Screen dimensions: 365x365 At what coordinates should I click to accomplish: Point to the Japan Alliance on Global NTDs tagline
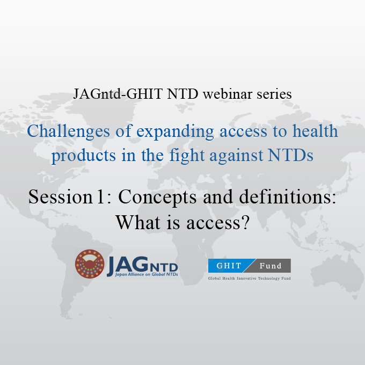(142, 274)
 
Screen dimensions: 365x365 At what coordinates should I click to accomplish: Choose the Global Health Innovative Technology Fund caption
(249, 279)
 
